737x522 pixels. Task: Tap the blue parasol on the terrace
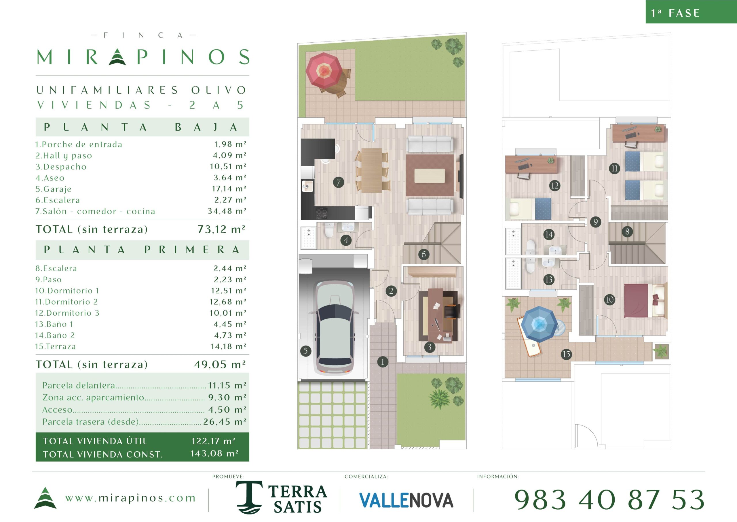[539, 324]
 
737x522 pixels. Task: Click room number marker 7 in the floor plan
[338, 182]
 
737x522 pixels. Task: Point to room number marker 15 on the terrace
[566, 354]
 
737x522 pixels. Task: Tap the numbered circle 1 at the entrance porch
[382, 362]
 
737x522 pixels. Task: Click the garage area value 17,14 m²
[229, 189]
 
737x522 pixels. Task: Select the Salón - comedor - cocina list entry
[95, 211]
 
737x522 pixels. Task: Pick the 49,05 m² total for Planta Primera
[220, 364]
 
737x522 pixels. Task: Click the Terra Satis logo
[282, 497]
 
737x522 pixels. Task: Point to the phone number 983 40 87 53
[609, 500]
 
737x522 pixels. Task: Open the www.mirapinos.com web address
[130, 498]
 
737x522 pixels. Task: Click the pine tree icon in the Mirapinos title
[117, 56]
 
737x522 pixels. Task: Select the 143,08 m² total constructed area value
[214, 453]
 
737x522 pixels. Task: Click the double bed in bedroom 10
[645, 301]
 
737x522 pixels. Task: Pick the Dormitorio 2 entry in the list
[67, 302]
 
